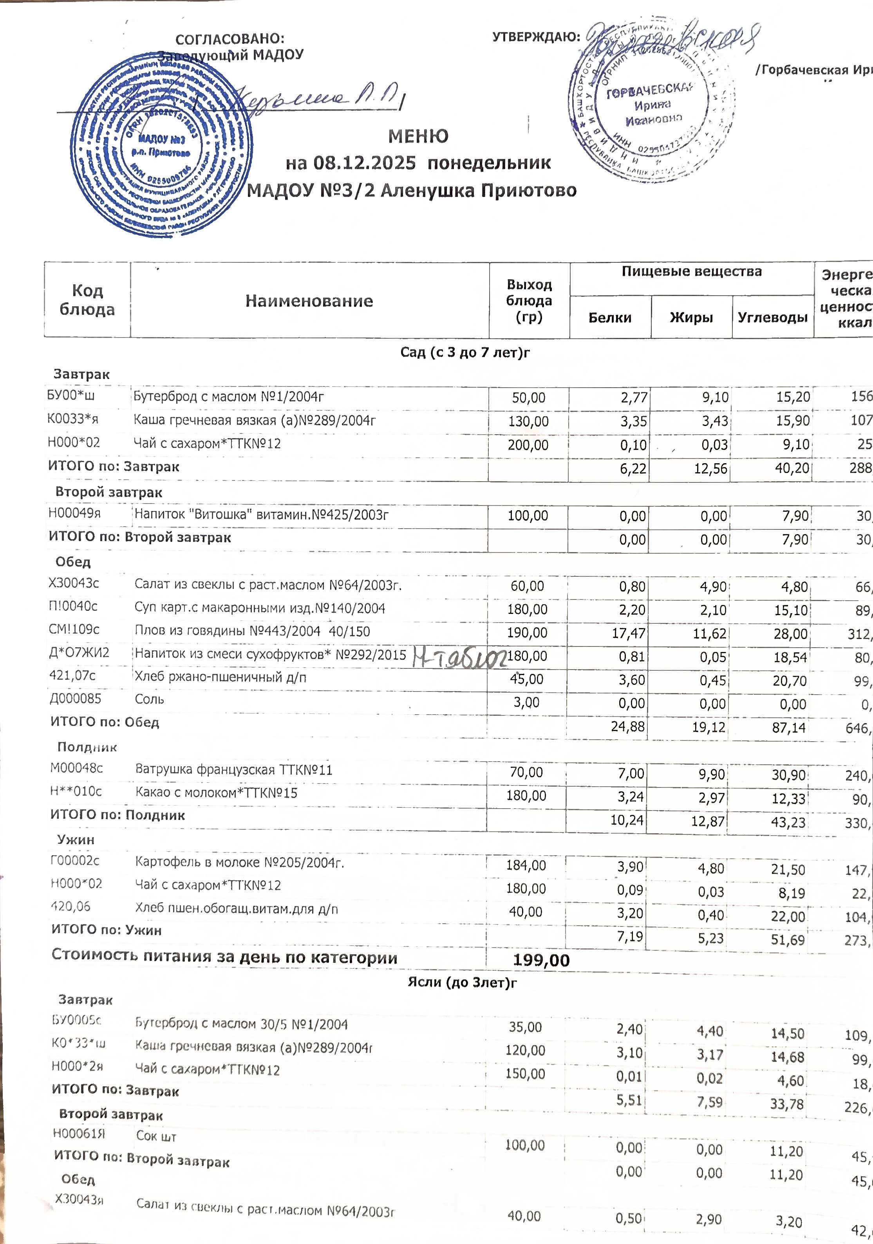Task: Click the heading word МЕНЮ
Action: (x=418, y=136)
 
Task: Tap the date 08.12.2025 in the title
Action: (x=365, y=162)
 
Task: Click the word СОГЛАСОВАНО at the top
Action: (x=230, y=39)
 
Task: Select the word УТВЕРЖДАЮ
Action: (x=536, y=37)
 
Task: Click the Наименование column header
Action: (x=309, y=301)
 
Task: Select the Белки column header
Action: (x=610, y=318)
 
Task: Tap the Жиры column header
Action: (x=691, y=318)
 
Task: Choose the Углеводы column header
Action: (x=772, y=318)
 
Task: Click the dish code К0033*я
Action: (x=72, y=419)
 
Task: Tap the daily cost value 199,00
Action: (x=541, y=960)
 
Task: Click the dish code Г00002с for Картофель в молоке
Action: (x=75, y=860)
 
